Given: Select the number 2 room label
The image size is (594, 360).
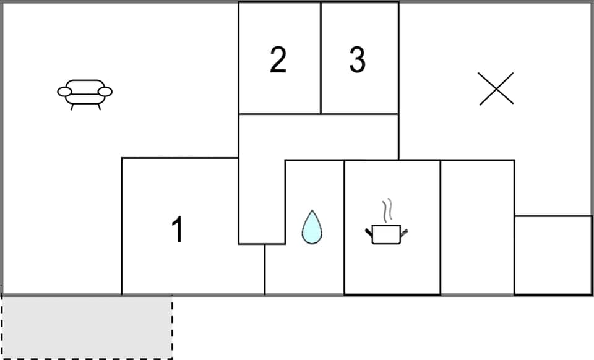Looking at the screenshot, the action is (x=278, y=60).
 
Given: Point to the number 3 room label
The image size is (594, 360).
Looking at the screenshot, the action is (x=357, y=60).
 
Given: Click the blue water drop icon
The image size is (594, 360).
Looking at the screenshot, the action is (x=312, y=227).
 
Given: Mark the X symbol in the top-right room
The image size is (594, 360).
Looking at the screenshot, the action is (x=496, y=88).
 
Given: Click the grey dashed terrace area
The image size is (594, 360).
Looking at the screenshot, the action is (x=87, y=327).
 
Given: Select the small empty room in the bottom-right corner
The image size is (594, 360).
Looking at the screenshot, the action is (x=553, y=255).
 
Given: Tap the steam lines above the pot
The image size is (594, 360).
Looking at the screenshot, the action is (x=387, y=210).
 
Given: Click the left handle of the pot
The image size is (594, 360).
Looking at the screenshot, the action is (x=369, y=232).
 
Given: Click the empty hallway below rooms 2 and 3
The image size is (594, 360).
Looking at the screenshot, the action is (x=319, y=137).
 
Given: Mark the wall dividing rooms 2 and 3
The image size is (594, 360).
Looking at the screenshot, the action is (x=321, y=59).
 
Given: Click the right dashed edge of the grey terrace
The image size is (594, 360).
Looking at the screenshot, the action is (x=172, y=327).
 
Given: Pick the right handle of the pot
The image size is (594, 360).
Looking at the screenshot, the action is (x=405, y=233).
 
